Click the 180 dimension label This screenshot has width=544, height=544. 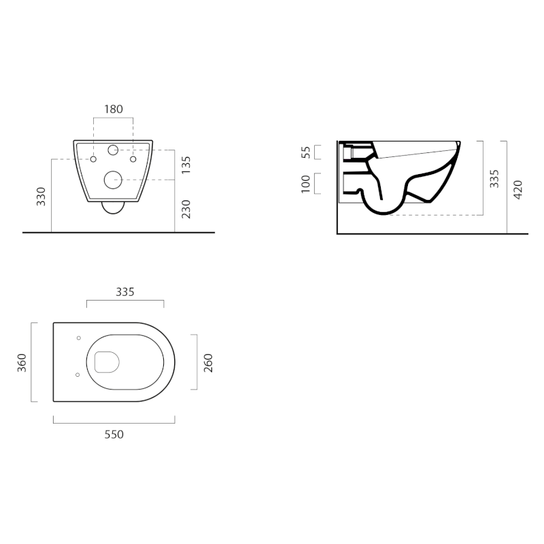click(x=114, y=109)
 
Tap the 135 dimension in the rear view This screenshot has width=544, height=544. click(x=186, y=165)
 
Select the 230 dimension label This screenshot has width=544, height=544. click(x=186, y=209)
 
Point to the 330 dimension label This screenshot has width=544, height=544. click(x=41, y=197)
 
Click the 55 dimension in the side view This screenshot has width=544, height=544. click(x=305, y=152)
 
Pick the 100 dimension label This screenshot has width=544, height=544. click(x=305, y=184)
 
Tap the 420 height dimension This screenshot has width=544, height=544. click(x=517, y=190)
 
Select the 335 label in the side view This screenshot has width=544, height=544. click(x=494, y=179)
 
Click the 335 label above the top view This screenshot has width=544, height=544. click(x=125, y=292)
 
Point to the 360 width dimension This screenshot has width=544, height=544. click(x=22, y=363)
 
